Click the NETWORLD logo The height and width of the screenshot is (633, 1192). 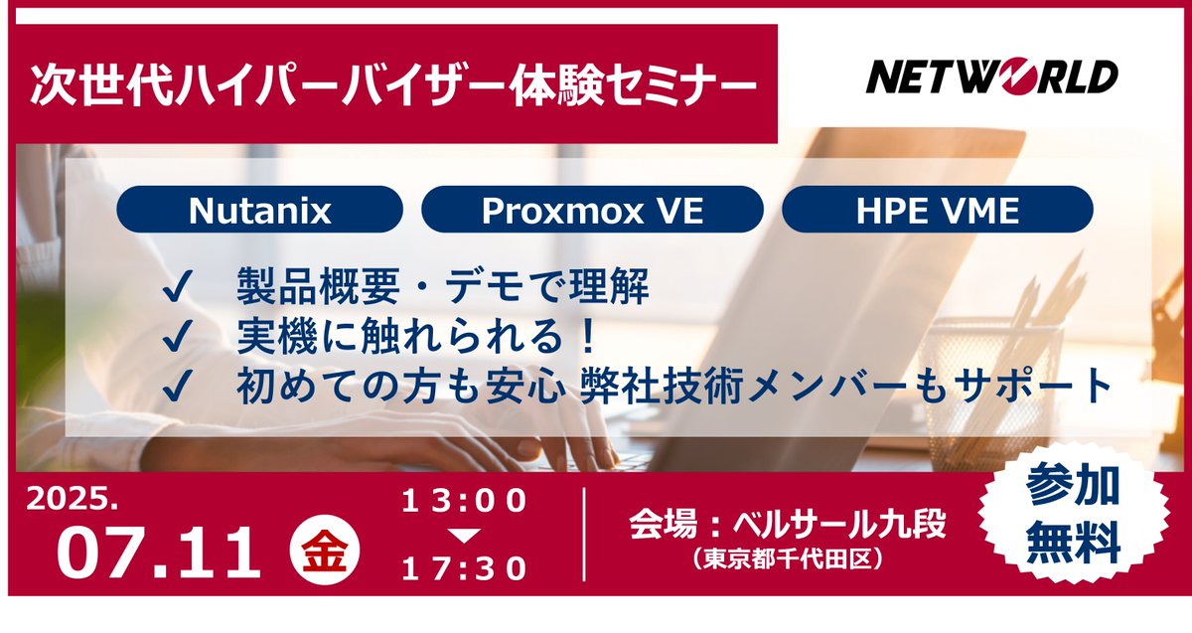tap(991, 76)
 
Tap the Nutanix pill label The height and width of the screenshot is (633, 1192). tap(259, 211)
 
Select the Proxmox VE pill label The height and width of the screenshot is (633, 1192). tap(592, 211)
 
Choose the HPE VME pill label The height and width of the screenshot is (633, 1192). tap(937, 211)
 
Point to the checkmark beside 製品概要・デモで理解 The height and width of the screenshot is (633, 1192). tap(177, 290)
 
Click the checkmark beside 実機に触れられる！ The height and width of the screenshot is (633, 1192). tap(177, 339)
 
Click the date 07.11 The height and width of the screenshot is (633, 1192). tap(159, 554)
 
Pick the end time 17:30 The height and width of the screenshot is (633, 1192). tap(463, 568)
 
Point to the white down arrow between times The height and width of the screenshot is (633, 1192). tap(463, 536)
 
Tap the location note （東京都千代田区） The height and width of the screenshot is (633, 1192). tap(787, 560)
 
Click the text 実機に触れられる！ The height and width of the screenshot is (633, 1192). tap(418, 339)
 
